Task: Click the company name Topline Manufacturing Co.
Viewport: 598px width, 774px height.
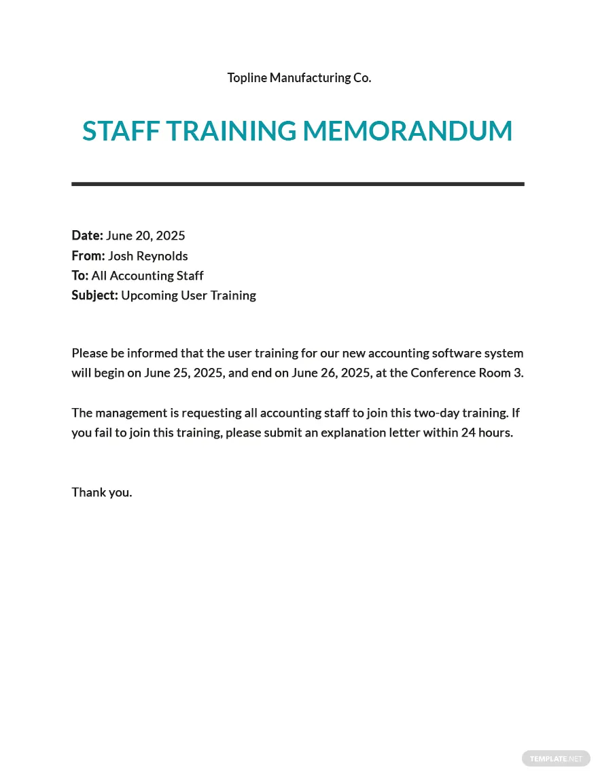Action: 299,77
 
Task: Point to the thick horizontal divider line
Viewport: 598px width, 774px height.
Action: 298,184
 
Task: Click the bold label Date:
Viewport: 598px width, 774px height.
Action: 87,236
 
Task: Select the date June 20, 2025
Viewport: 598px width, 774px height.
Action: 145,236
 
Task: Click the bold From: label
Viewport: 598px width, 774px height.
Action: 88,256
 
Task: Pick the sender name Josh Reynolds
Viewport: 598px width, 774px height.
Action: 147,256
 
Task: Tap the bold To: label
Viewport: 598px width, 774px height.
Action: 80,276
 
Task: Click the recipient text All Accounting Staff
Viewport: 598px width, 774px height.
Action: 147,276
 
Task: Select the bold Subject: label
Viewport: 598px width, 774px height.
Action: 94,295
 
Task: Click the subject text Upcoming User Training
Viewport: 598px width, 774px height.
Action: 188,295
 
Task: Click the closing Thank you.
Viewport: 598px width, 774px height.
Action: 102,492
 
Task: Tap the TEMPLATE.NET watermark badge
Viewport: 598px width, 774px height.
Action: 556,758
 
